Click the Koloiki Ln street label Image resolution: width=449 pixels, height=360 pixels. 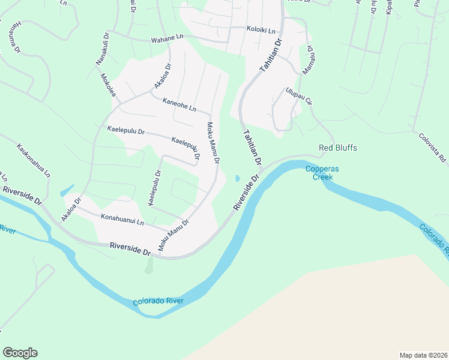(x=261, y=29)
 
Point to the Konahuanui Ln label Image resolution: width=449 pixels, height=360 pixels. (x=122, y=220)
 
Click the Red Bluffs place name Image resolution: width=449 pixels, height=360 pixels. (x=338, y=148)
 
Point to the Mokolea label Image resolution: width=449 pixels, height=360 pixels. (x=108, y=85)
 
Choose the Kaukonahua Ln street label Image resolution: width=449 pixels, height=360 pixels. (x=33, y=160)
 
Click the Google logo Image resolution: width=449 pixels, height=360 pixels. (x=20, y=353)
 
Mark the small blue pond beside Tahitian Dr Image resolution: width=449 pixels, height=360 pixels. (x=238, y=178)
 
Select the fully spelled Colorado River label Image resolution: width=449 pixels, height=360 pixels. (x=158, y=301)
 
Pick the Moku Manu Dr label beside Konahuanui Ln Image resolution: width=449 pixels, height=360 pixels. (x=173, y=235)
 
